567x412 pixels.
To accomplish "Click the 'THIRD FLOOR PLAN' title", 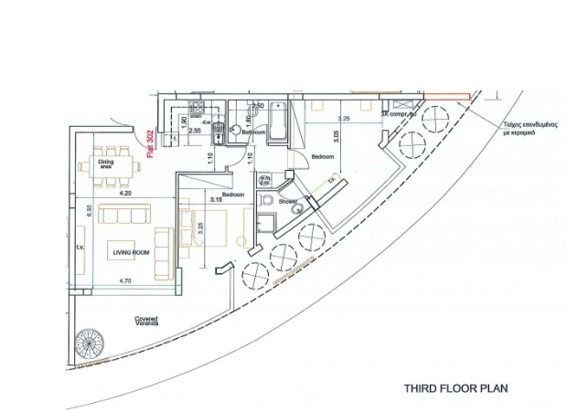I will [x=455, y=388].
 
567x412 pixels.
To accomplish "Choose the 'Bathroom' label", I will [x=253, y=133].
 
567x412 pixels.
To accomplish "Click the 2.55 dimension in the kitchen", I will [x=195, y=131].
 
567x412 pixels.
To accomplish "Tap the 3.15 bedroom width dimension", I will [x=216, y=198].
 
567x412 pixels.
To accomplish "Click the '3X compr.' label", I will [x=397, y=115].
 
